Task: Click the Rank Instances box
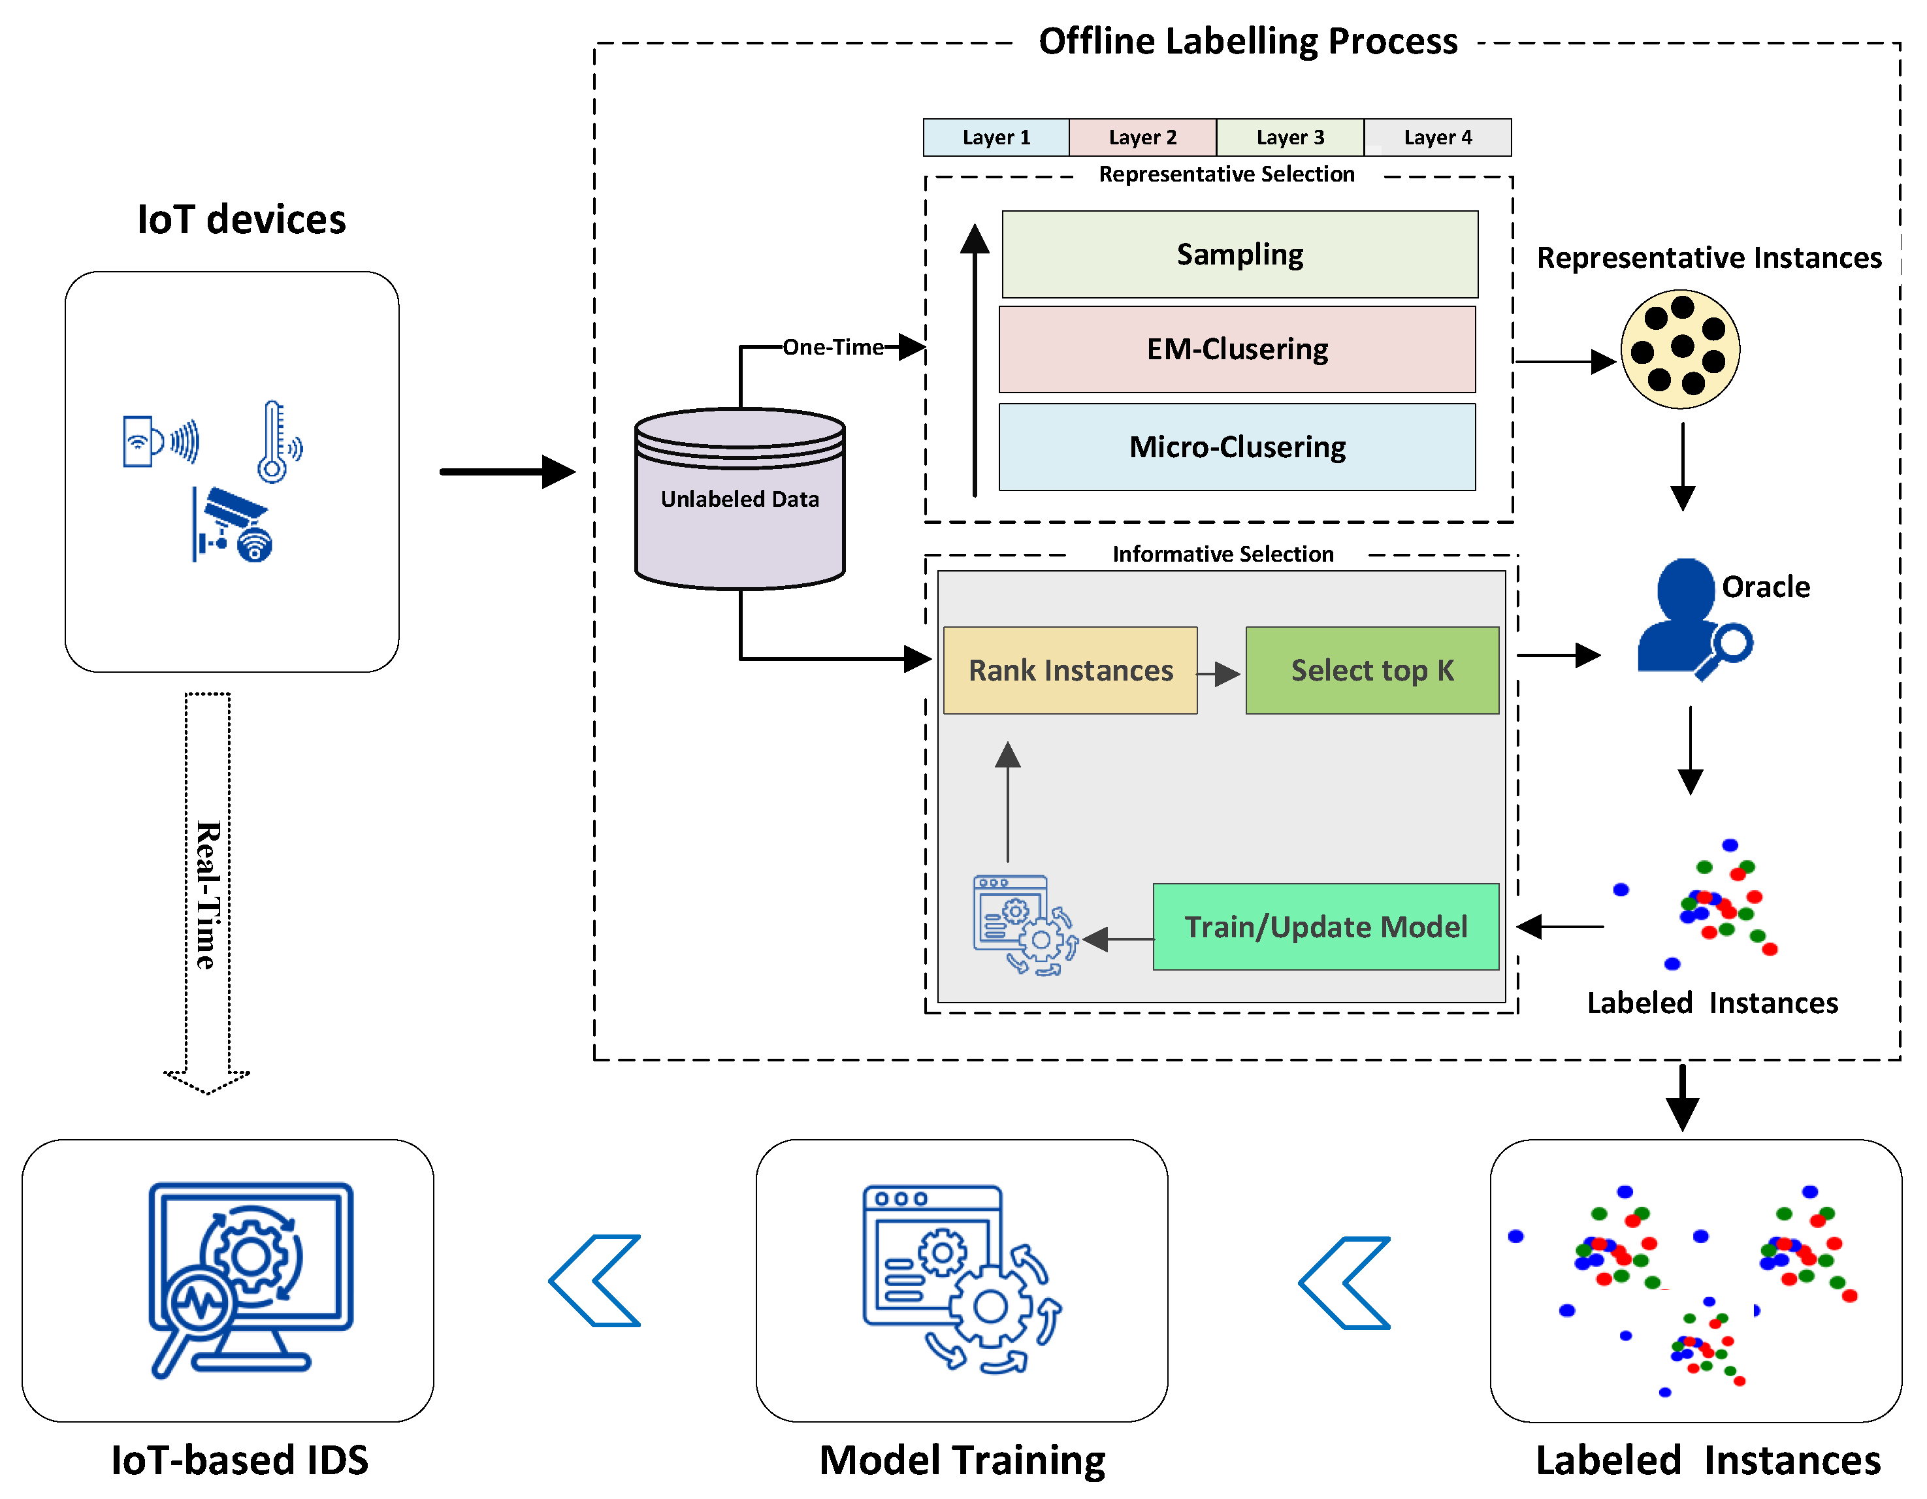pyautogui.click(x=1069, y=671)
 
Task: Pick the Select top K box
pyautogui.click(x=1371, y=671)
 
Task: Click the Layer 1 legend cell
pyautogui.click(x=996, y=138)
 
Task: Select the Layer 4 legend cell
pyautogui.click(x=1437, y=138)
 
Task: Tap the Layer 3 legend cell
pyautogui.click(x=1290, y=138)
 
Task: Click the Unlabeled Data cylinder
pyautogui.click(x=739, y=500)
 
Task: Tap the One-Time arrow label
pyautogui.click(x=833, y=347)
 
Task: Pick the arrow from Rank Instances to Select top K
pyautogui.click(x=1220, y=674)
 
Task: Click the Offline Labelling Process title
pyautogui.click(x=1247, y=41)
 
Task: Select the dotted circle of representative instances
pyautogui.click(x=1680, y=349)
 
